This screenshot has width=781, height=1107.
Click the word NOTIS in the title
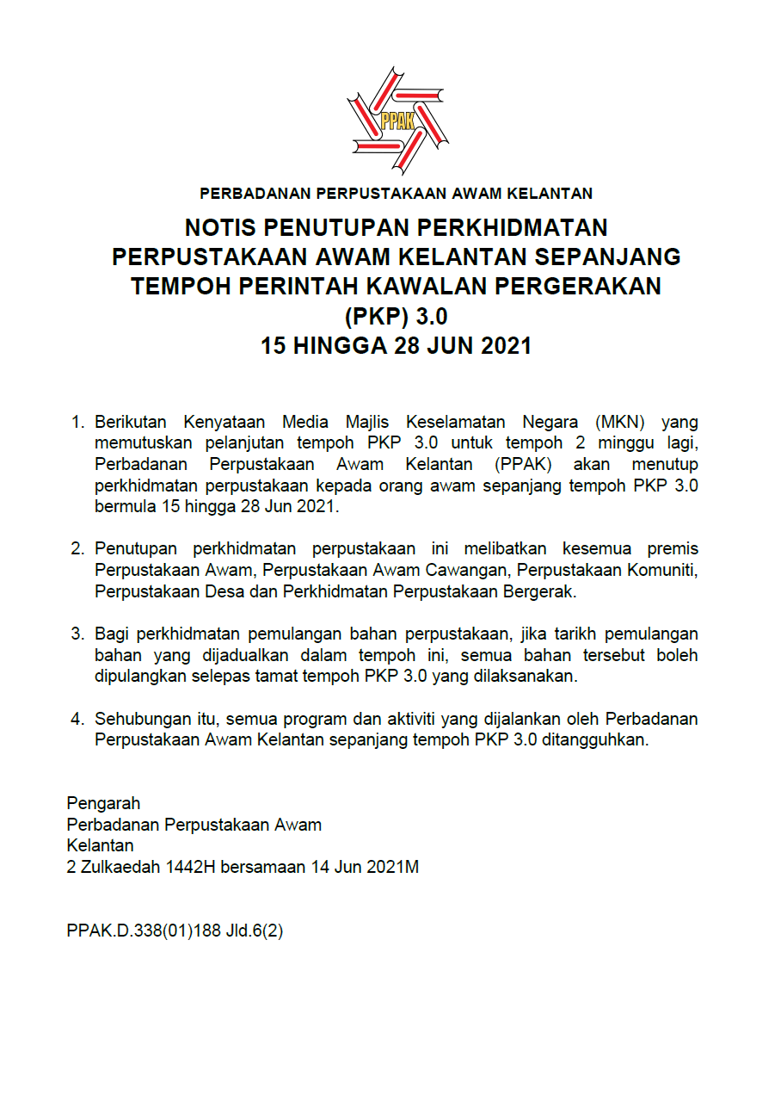tap(221, 228)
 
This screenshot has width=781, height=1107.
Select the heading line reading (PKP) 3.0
tap(397, 316)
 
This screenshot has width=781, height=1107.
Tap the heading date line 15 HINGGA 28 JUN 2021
tap(397, 346)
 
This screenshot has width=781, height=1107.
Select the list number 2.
tap(77, 549)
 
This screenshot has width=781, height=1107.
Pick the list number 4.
tap(77, 719)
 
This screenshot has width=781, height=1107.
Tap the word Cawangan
tap(467, 570)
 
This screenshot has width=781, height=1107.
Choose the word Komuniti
tap(665, 570)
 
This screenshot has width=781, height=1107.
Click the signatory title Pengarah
tap(103, 804)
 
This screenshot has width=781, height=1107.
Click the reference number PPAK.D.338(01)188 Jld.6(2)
tap(175, 931)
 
